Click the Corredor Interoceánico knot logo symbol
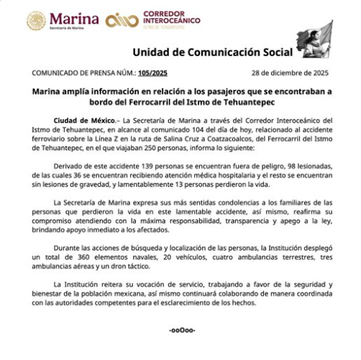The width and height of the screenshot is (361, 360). click(121, 22)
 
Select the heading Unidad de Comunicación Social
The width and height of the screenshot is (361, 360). click(213, 53)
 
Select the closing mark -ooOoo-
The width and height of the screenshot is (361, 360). click(180, 330)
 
